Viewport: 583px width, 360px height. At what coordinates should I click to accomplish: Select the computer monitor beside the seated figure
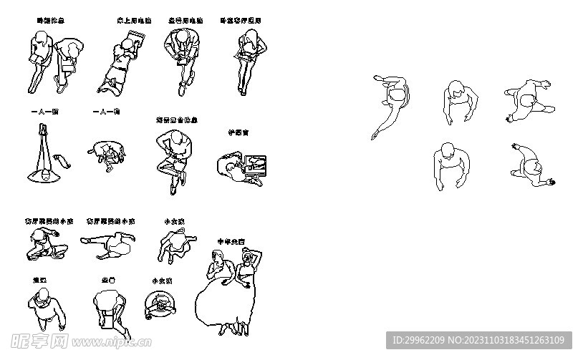point(255,165)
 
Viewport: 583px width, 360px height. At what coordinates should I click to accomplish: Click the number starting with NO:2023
point(516,341)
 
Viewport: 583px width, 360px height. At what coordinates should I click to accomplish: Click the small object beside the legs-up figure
point(63,159)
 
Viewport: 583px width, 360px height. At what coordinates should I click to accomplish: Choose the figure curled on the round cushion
point(107,152)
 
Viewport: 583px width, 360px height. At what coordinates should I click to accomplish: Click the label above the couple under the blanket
point(231,241)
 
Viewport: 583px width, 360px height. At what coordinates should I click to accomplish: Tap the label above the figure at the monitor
point(237,132)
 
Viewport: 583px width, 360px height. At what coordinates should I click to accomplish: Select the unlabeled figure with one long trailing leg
point(391,101)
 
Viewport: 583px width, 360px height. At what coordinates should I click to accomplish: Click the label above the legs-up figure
point(44,112)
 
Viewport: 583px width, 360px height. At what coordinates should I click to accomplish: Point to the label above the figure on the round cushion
point(106,112)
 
